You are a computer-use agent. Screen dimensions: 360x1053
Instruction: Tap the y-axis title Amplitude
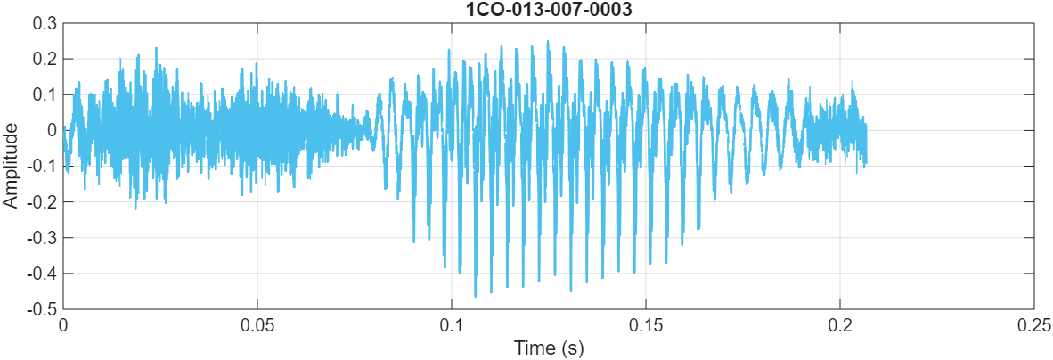11,166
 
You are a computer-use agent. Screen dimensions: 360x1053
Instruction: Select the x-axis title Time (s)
548,348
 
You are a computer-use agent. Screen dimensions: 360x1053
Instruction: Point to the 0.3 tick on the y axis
45,23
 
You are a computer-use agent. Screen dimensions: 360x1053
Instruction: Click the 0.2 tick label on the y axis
45,59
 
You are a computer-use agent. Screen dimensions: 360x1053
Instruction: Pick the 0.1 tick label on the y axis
45,94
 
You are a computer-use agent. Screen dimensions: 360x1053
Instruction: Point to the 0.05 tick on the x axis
257,324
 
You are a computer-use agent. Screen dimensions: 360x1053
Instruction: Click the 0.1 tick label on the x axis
452,324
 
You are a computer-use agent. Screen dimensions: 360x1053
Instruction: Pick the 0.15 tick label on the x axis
646,324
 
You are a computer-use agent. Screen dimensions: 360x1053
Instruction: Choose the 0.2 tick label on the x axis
840,324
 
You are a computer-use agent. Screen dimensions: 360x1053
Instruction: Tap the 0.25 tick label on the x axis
1033,324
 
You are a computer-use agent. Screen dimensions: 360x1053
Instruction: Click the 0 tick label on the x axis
64,324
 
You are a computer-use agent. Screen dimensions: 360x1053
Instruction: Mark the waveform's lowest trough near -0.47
476,296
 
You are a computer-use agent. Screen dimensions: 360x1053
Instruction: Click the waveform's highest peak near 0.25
548,41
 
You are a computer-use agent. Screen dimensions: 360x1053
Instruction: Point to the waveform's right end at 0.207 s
866,143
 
